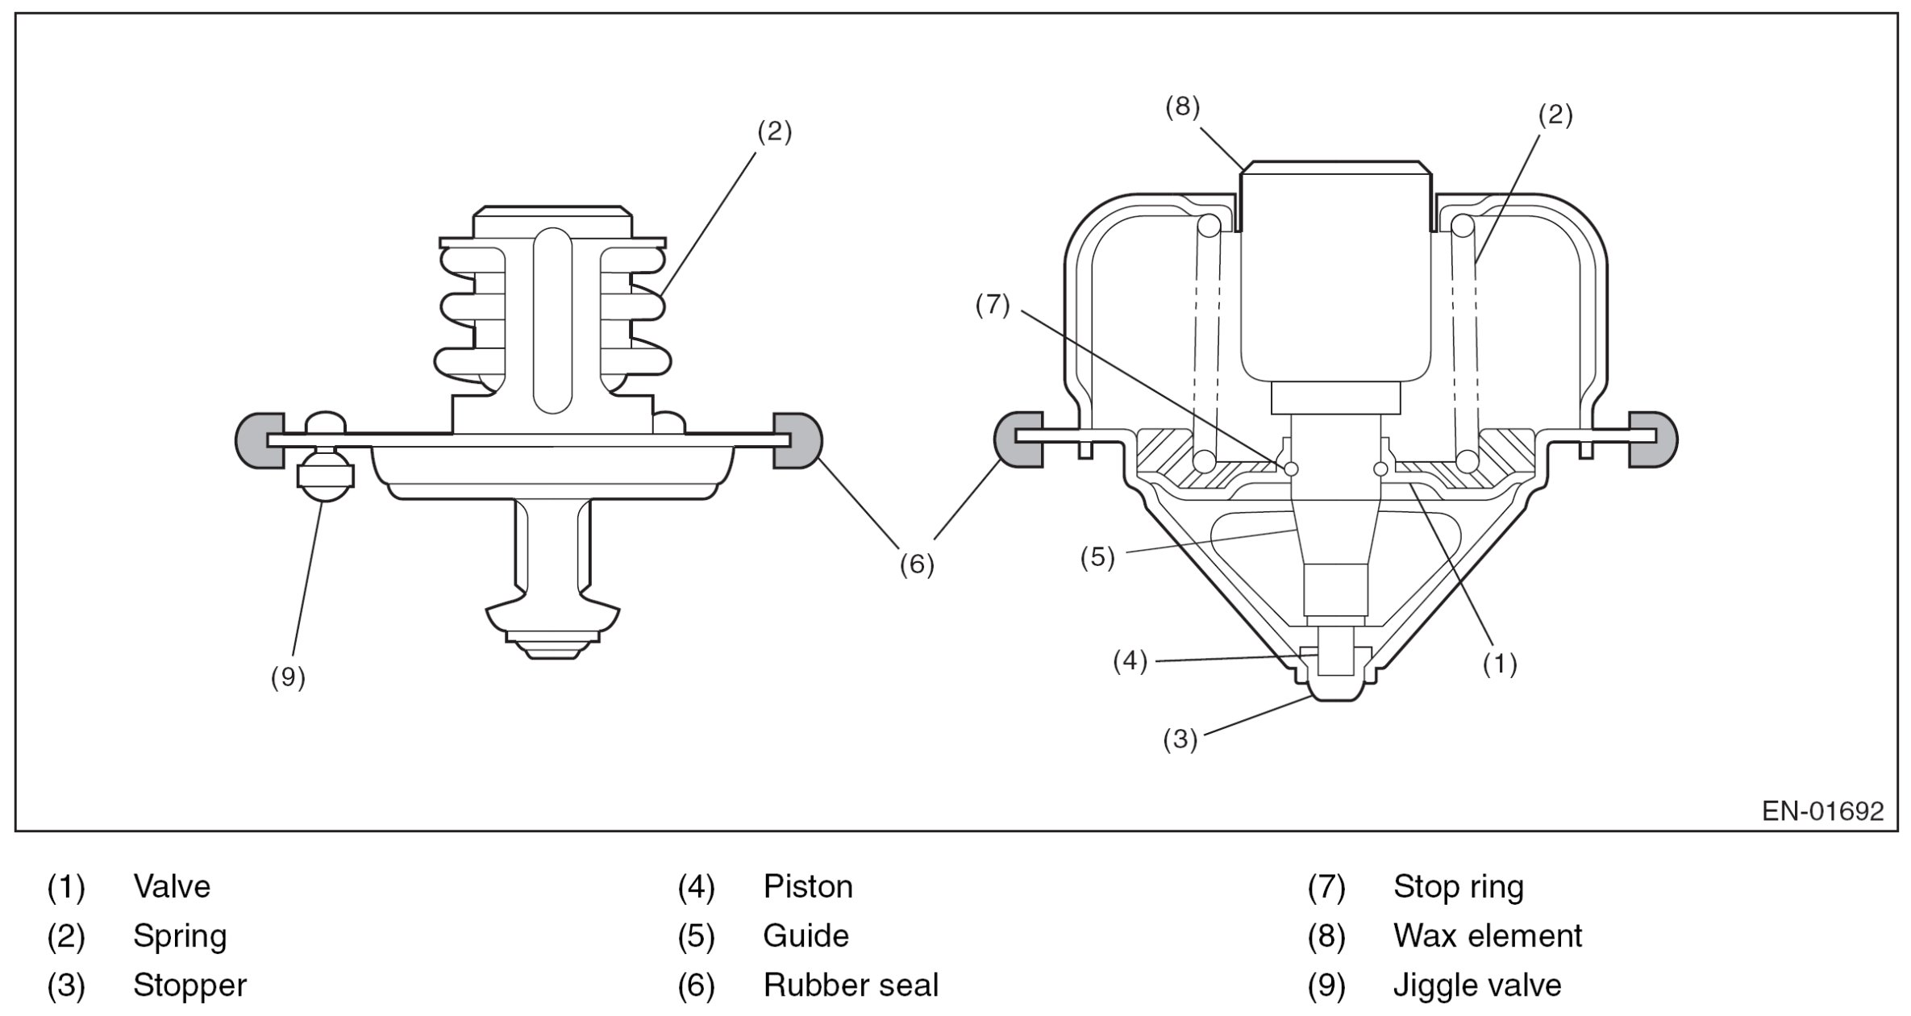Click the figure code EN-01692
click(1822, 810)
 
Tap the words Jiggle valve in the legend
click(1477, 985)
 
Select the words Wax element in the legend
click(1488, 936)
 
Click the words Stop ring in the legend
click(1459, 887)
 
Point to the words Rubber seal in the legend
click(851, 985)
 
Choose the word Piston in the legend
click(808, 887)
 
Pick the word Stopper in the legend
click(189, 986)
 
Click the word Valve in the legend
click(172, 887)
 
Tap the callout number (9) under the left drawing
click(288, 677)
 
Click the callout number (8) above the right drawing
click(1182, 107)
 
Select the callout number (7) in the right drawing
click(992, 306)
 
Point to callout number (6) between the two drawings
click(917, 564)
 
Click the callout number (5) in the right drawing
click(1097, 557)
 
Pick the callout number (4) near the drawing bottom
click(1130, 661)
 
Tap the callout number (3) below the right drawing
click(1180, 739)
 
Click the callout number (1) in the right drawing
click(1500, 664)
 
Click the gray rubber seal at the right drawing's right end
click(1653, 439)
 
